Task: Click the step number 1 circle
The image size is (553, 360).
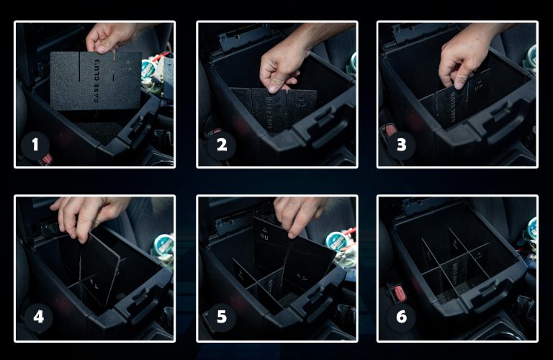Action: coord(35,145)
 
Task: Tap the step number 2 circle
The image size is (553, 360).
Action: coord(222,145)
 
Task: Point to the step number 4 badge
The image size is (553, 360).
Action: coord(38,316)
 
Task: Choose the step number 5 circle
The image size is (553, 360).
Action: coord(222,316)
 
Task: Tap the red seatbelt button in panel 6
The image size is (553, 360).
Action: coord(397,292)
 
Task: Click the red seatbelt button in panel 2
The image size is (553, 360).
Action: coord(215,133)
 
